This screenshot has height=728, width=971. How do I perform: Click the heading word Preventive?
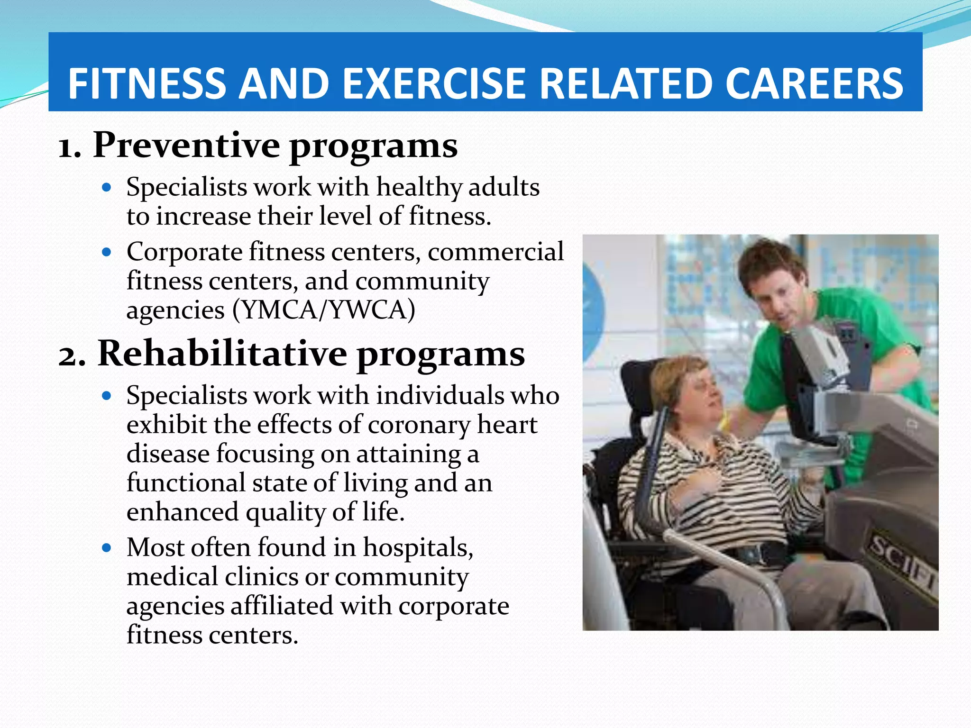pos(186,145)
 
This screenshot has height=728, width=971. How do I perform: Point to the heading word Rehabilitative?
pos(222,354)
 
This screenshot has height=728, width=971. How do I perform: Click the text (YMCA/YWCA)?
pos(324,310)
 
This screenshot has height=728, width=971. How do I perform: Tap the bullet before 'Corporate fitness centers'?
pos(107,252)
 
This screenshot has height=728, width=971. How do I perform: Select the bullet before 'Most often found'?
pos(107,548)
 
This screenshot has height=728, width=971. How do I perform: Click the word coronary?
pos(419,425)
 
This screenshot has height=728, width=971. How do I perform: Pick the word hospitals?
pos(418,548)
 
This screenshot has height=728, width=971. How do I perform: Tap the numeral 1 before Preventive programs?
pos(67,148)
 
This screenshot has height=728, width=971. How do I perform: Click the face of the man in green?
pos(778,294)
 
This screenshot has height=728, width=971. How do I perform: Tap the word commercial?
pos(495,252)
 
